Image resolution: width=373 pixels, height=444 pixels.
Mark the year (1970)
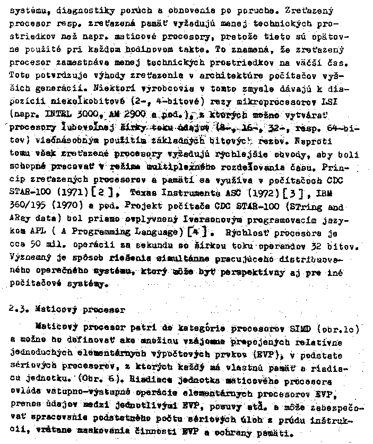(x=68, y=208)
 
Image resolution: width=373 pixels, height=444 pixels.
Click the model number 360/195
(x=28, y=208)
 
